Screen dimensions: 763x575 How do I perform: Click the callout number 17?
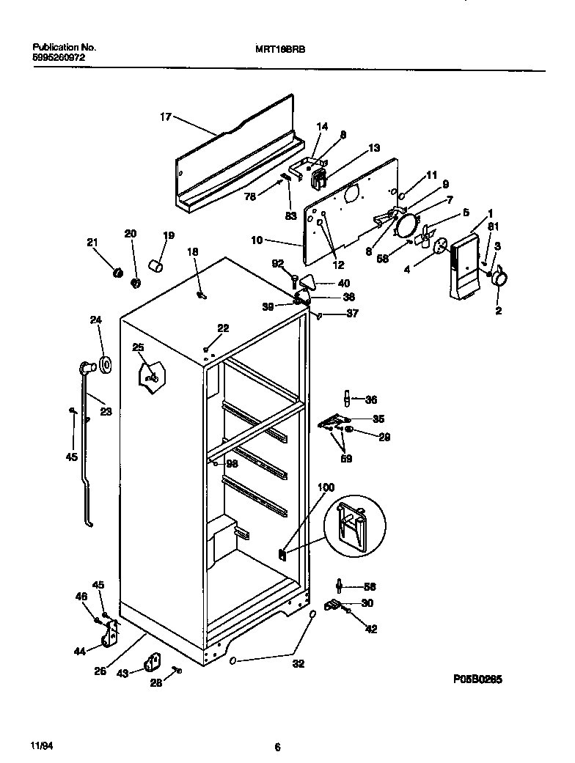point(165,116)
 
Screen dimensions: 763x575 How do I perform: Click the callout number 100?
point(326,487)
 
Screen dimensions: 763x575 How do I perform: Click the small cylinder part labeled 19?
point(155,264)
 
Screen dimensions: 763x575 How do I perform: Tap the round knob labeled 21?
point(116,273)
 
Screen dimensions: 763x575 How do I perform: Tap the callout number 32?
point(299,664)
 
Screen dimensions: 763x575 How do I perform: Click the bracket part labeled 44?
point(111,633)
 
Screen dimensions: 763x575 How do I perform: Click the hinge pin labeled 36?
point(346,399)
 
